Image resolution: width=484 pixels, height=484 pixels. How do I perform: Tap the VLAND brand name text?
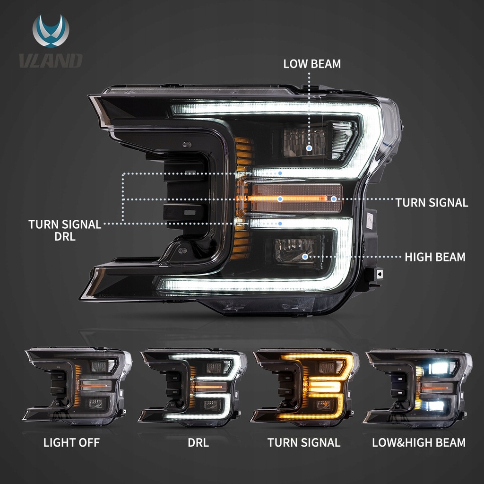coord(51,60)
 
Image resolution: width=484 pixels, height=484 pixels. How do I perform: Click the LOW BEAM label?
coord(312,64)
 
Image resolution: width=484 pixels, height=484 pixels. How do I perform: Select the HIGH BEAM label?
coord(435,257)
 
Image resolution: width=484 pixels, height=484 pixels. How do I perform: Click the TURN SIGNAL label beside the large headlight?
coord(432,203)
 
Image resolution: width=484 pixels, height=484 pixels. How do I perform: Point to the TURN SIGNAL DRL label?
coord(65,230)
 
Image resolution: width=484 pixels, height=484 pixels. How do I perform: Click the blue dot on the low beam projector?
coord(309,148)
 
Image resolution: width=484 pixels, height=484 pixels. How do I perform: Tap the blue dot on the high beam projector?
coord(305,257)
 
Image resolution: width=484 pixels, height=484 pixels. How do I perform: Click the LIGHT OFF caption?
coord(71,443)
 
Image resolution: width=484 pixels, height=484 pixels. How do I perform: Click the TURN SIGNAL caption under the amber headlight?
coord(304,443)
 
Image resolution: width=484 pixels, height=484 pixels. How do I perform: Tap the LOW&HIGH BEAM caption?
coord(419,443)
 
